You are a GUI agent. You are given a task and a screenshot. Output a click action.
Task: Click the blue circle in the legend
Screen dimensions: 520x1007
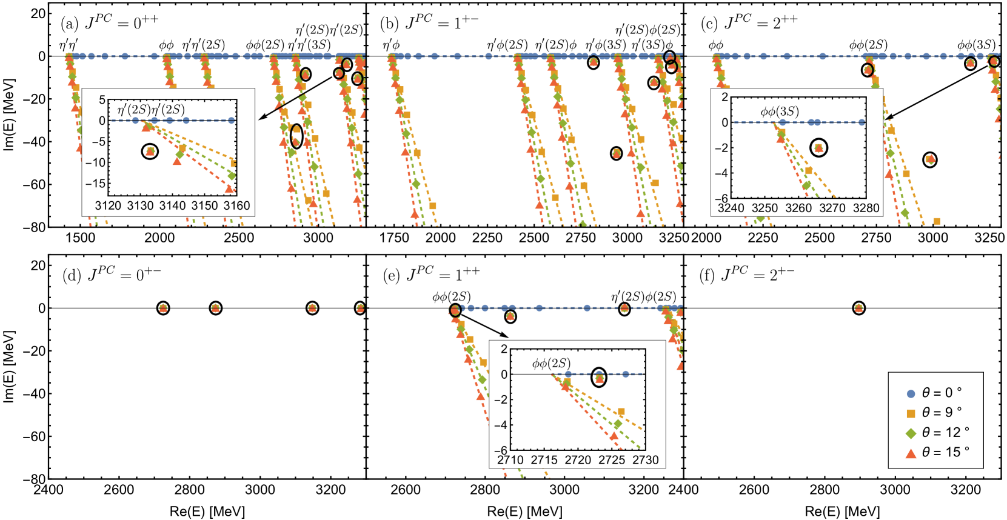(911, 394)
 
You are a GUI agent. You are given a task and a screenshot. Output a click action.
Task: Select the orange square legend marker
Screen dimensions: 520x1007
(911, 414)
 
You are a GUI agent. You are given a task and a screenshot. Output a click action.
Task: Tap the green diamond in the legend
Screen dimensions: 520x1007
(911, 434)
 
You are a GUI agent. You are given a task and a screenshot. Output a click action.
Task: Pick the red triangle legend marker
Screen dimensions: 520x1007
(911, 453)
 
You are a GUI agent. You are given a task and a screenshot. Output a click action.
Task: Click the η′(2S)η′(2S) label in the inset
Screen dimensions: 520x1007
(151, 110)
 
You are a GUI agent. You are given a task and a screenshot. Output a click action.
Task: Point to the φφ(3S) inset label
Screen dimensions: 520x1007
(780, 112)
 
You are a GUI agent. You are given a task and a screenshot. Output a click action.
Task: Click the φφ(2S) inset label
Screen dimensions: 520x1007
(551, 363)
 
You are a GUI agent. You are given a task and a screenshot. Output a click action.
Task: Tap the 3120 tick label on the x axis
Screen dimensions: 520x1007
(108, 206)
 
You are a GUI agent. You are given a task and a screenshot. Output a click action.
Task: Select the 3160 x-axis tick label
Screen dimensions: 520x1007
(236, 206)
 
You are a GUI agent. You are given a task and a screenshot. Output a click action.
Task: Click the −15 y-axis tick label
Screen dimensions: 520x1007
(95, 183)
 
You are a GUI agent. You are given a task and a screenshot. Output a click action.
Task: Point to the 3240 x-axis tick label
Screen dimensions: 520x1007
(731, 208)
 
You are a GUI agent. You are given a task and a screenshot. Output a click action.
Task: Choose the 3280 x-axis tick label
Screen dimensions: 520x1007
(866, 208)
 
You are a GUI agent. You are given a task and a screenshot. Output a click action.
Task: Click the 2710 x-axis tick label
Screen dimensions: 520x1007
(510, 460)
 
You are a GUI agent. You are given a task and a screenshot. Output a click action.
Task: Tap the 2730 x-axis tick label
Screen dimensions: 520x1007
(645, 460)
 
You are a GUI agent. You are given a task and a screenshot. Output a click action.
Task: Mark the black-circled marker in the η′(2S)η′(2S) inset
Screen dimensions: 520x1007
(150, 151)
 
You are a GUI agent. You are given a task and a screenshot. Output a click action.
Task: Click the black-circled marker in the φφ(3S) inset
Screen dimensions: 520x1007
(819, 148)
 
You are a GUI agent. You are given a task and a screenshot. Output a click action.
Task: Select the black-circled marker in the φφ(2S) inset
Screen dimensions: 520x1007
(599, 378)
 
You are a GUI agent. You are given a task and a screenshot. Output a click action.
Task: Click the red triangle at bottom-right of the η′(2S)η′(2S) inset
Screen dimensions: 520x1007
(229, 189)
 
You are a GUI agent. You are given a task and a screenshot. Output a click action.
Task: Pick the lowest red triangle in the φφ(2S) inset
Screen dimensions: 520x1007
(614, 436)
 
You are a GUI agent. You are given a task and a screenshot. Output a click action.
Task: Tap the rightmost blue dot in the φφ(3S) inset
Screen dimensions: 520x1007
(861, 122)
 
